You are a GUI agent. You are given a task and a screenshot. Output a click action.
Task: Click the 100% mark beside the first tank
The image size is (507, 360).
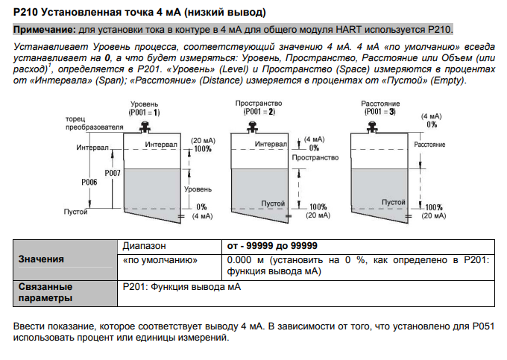tap(202, 149)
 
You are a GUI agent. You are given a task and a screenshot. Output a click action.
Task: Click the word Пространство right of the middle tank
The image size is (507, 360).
tap(311, 159)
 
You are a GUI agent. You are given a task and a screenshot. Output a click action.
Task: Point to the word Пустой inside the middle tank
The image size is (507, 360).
tap(274, 202)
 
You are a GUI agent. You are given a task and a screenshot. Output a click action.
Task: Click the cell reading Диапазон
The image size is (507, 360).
tap(144, 245)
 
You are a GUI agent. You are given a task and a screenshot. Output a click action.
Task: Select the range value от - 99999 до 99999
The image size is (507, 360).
tap(272, 245)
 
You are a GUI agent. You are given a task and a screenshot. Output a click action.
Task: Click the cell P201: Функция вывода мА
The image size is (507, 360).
tap(182, 286)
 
